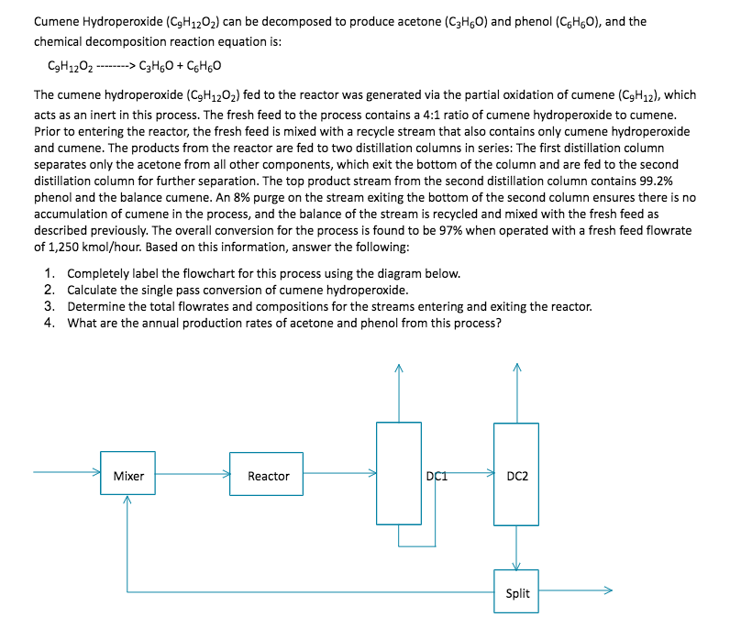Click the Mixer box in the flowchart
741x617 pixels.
coord(128,476)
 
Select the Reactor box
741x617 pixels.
coord(268,476)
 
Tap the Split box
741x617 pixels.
coord(517,593)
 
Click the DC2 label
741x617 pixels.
coord(517,476)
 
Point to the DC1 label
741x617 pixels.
coord(436,474)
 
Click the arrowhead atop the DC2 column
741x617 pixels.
coord(516,369)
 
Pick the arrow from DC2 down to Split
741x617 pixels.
coord(516,549)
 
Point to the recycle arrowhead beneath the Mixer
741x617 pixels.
coord(127,501)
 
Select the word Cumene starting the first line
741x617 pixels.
coord(56,20)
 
